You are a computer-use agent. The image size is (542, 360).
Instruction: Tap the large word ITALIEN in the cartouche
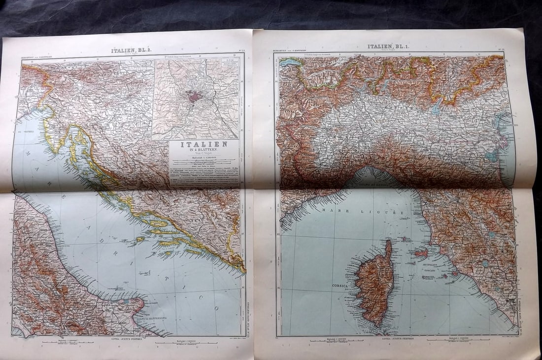pos(203,144)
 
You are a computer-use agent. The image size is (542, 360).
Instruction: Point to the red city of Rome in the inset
pos(194,97)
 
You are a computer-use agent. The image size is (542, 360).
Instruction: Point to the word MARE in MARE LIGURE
pos(331,210)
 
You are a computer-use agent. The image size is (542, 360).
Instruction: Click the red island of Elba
pos(423,254)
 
